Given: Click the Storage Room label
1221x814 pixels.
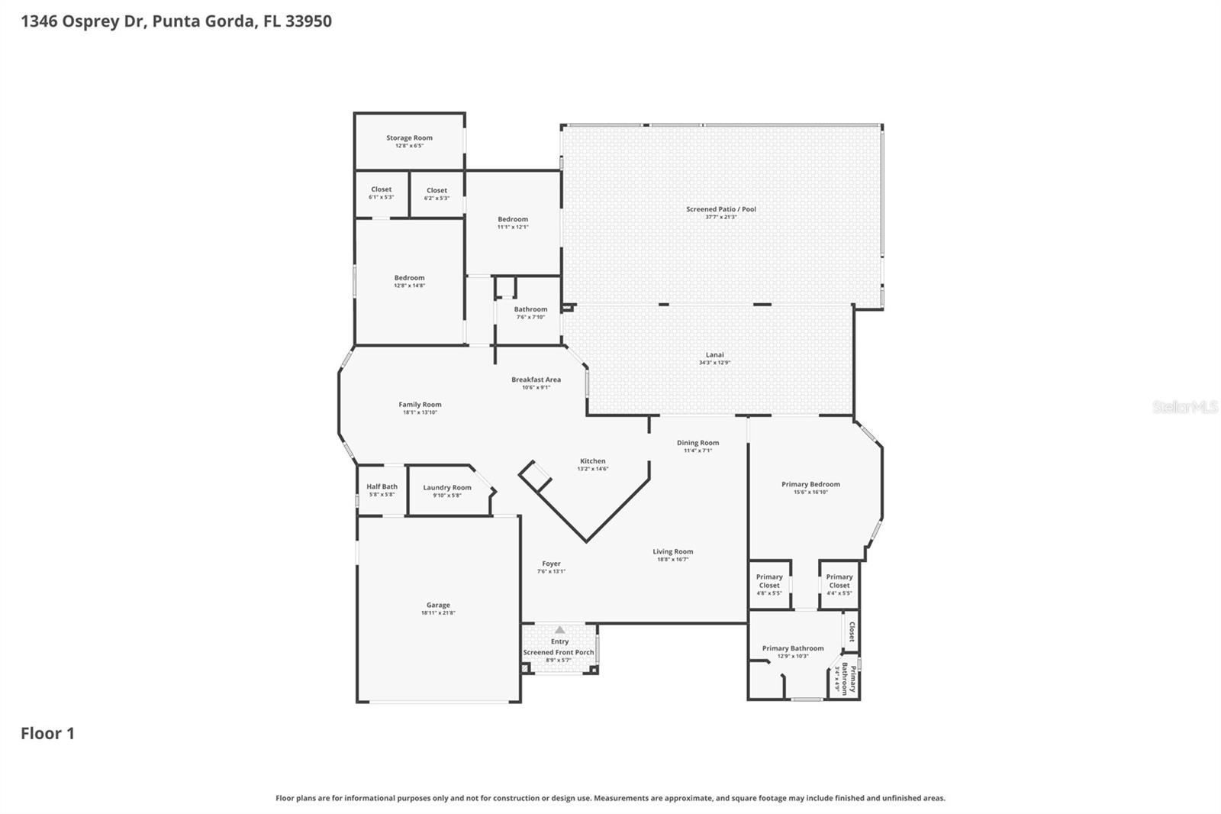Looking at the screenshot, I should pyautogui.click(x=409, y=138).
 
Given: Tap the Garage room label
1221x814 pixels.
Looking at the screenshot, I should pyautogui.click(x=438, y=606).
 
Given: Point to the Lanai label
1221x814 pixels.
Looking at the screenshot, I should pyautogui.click(x=715, y=355).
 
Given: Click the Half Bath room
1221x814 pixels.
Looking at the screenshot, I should pyautogui.click(x=382, y=489).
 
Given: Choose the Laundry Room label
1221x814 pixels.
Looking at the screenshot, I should pyautogui.click(x=447, y=488).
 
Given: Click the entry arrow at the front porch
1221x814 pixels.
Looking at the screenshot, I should pyautogui.click(x=559, y=630).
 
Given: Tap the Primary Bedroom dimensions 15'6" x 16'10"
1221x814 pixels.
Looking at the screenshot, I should pyautogui.click(x=810, y=493).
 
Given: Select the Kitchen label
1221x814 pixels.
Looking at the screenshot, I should pyautogui.click(x=593, y=461).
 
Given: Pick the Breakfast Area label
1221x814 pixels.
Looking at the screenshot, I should pyautogui.click(x=536, y=380).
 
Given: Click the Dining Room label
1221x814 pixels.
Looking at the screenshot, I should pyautogui.click(x=697, y=443).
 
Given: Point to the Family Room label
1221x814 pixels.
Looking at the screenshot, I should pyautogui.click(x=420, y=405).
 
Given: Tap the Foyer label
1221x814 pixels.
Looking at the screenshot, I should pyautogui.click(x=551, y=564).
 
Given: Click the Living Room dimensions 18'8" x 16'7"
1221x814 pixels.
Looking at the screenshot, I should pyautogui.click(x=673, y=560).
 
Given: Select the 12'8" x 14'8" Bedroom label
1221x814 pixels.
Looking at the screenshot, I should pyautogui.click(x=409, y=278).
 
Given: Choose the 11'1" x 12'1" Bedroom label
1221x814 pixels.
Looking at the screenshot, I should pyautogui.click(x=513, y=219).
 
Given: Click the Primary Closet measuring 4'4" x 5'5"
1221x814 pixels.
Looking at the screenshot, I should pyautogui.click(x=839, y=585).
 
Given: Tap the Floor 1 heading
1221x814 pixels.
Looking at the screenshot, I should pyautogui.click(x=47, y=734).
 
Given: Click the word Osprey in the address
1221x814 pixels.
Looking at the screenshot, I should pyautogui.click(x=91, y=21).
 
